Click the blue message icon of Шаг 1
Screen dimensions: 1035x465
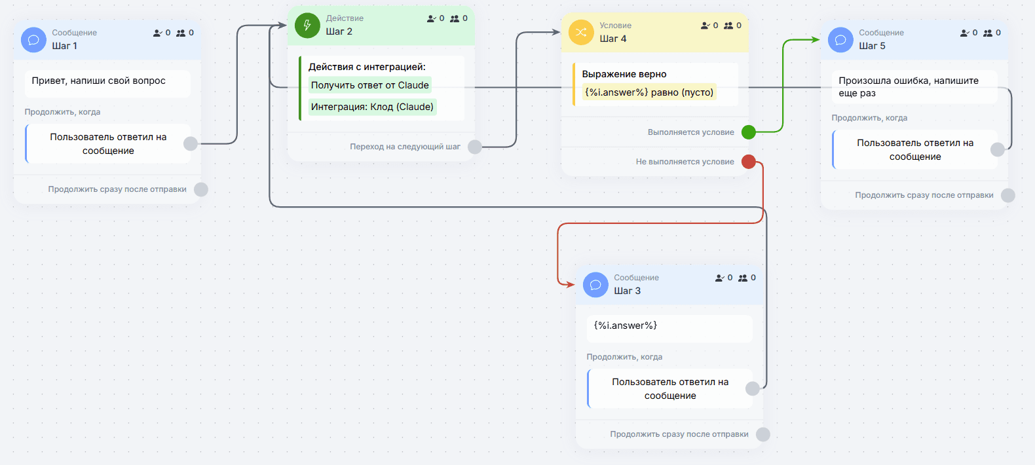pyautogui.click(x=33, y=40)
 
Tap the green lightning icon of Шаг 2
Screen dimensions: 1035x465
pyautogui.click(x=307, y=26)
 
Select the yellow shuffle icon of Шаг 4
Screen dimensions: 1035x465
pyautogui.click(x=581, y=32)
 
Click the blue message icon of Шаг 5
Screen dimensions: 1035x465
pyautogui.click(x=840, y=40)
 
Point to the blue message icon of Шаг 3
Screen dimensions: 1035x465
pyautogui.click(x=595, y=284)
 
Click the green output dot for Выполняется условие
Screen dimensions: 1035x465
pyautogui.click(x=749, y=132)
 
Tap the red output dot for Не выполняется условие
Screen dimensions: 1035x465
pyautogui.click(x=749, y=162)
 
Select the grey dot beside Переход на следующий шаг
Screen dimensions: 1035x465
pyautogui.click(x=474, y=147)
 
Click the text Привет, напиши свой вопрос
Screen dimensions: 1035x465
pyautogui.click(x=98, y=81)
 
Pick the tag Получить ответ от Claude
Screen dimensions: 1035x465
pyautogui.click(x=369, y=85)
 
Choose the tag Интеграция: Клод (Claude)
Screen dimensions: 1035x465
pyautogui.click(x=372, y=107)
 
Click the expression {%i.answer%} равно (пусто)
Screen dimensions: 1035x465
pyautogui.click(x=649, y=92)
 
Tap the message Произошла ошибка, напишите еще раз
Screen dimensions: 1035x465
pyautogui.click(x=909, y=87)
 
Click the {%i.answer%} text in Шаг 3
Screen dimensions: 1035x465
pyautogui.click(x=625, y=325)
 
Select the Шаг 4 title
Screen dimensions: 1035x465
pyautogui.click(x=612, y=39)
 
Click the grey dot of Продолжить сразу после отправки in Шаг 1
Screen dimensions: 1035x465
pyautogui.click(x=201, y=189)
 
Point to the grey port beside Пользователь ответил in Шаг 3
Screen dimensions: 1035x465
pyautogui.click(x=753, y=388)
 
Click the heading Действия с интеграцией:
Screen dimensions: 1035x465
pyautogui.click(x=367, y=67)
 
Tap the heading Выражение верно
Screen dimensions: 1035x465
pyautogui.click(x=624, y=75)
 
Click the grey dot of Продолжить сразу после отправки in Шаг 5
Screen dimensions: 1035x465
pyautogui.click(x=1008, y=195)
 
